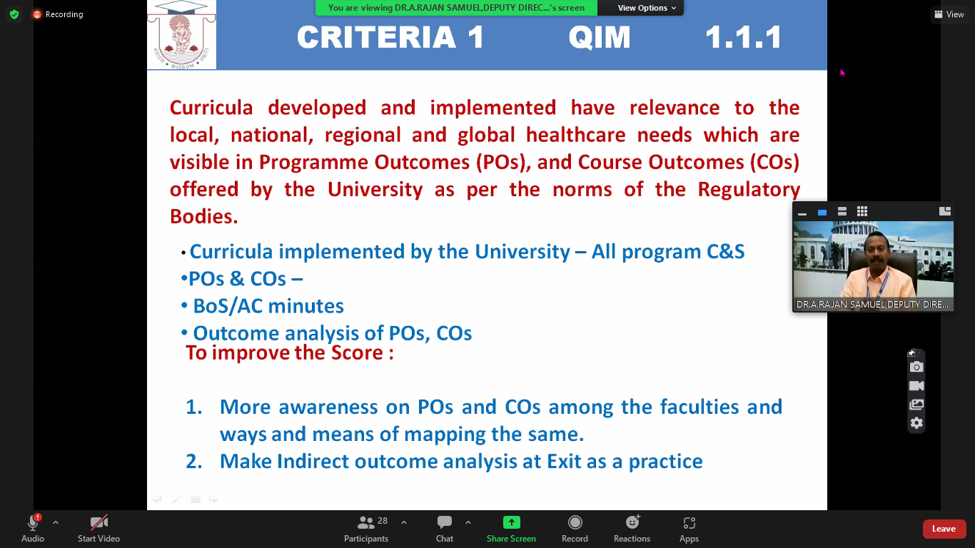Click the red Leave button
(x=944, y=529)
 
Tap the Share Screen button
(x=512, y=522)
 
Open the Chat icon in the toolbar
(x=445, y=522)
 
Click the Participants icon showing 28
(x=365, y=522)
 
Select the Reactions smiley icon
(x=632, y=522)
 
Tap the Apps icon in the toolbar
(x=689, y=522)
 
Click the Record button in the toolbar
(x=575, y=522)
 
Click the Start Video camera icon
(x=98, y=522)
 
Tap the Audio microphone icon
(x=33, y=522)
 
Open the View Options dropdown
(x=647, y=8)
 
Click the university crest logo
(x=181, y=35)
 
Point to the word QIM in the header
(x=600, y=37)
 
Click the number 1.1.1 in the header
(x=744, y=37)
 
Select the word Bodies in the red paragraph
(x=203, y=216)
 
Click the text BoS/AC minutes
(x=268, y=306)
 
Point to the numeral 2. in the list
(x=194, y=462)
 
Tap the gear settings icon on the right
(x=916, y=422)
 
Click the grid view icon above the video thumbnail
(x=862, y=211)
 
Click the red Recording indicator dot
(x=37, y=14)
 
